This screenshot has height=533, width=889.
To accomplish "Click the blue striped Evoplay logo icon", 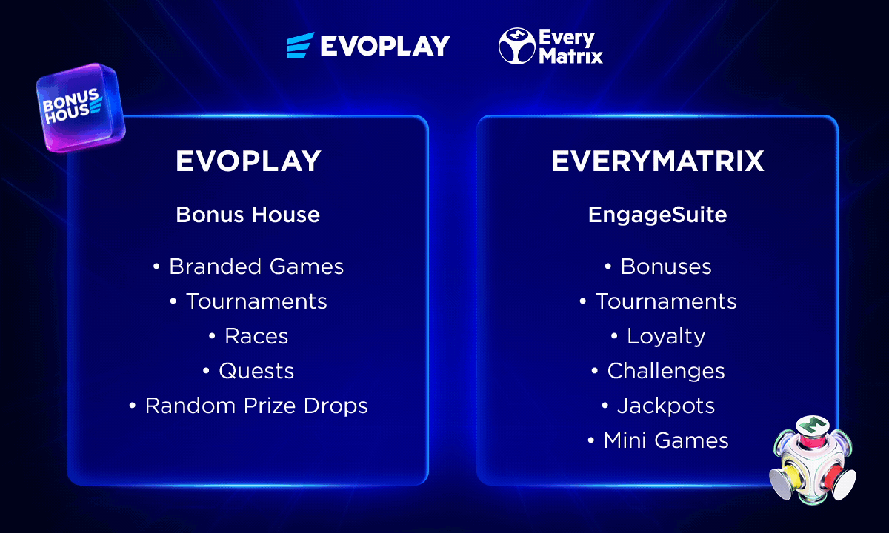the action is click(x=301, y=45).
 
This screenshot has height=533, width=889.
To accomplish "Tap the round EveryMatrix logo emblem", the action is click(x=517, y=46).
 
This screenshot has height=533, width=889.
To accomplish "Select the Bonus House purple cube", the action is click(x=81, y=108).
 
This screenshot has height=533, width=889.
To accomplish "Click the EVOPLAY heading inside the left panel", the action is click(x=248, y=161).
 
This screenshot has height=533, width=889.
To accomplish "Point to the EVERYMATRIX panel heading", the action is click(x=658, y=161).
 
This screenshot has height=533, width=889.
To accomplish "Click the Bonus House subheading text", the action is click(x=248, y=215).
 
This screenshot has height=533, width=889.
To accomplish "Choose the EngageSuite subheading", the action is click(x=658, y=215).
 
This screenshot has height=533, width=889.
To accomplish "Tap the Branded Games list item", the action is click(x=256, y=266).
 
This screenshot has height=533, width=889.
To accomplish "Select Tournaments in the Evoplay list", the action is click(x=256, y=301).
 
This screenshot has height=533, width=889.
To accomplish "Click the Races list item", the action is click(x=256, y=336).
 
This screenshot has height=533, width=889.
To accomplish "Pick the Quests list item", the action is click(x=256, y=371).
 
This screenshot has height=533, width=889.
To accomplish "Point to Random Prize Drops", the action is click(x=256, y=406).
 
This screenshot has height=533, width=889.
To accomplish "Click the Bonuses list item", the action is click(x=666, y=266).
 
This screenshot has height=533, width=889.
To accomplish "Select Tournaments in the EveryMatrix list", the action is click(x=666, y=301).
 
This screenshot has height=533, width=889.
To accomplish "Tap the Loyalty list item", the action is click(x=666, y=337).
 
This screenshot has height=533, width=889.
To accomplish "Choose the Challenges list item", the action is click(x=666, y=372).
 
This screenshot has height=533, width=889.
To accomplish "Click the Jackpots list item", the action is click(x=666, y=406).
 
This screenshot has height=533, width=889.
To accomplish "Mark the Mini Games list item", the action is click(x=666, y=440).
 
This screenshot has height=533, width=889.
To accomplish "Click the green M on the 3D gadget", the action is click(x=813, y=425).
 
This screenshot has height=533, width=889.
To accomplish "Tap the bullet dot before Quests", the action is click(x=206, y=371).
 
